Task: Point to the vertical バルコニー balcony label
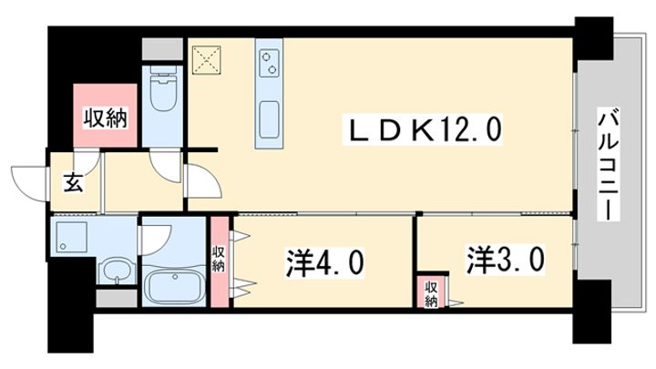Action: (x=605, y=165)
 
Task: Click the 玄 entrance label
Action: (x=74, y=181)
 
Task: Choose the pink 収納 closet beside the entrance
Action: (x=106, y=117)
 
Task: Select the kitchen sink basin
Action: (x=270, y=121)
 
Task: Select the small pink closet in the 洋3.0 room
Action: (x=431, y=291)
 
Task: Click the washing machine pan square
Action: (x=71, y=237)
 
